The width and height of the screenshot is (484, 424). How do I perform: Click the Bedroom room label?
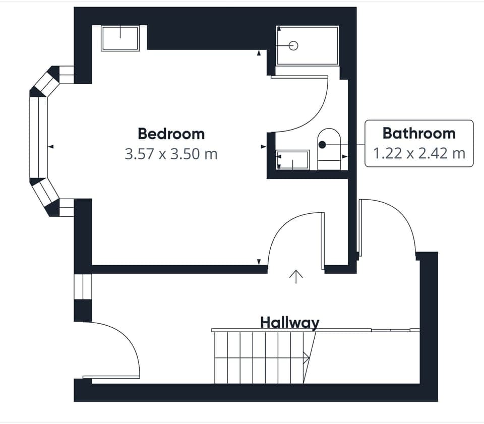[x=171, y=134]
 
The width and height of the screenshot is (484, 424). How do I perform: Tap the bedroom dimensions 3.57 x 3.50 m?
[x=171, y=154]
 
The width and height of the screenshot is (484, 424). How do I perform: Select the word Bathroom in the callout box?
[x=418, y=134]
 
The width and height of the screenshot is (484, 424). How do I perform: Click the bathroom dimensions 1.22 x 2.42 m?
[x=418, y=153]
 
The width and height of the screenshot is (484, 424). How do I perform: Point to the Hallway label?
[x=289, y=322]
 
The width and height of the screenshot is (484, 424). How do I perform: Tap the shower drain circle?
[x=294, y=46]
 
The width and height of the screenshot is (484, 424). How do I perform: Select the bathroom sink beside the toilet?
[x=293, y=160]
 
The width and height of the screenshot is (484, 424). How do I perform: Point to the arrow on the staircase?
[x=306, y=357]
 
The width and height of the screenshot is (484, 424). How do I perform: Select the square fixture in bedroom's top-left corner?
[x=120, y=39]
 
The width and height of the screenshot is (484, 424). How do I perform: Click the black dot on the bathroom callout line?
[x=322, y=145]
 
